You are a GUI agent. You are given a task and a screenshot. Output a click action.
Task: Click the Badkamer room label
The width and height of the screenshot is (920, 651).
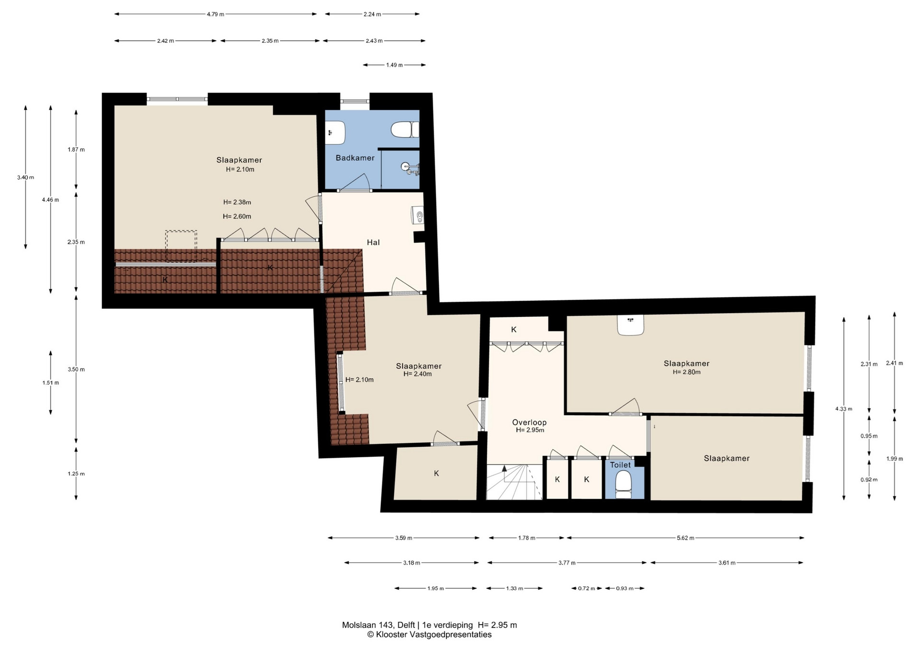click(355, 158)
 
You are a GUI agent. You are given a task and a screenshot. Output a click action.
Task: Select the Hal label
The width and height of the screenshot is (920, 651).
click(373, 243)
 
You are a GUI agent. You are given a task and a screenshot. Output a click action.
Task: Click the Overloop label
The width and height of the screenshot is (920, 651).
click(529, 422)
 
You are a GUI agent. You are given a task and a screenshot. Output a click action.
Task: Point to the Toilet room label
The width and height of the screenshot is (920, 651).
click(621, 465)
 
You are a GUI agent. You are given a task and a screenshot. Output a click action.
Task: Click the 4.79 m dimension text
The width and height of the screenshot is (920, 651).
click(216, 14)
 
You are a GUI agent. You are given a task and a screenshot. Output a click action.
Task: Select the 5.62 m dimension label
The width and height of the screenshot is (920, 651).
click(686, 538)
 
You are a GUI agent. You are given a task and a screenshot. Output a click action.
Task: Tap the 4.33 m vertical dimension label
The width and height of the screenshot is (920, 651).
click(844, 409)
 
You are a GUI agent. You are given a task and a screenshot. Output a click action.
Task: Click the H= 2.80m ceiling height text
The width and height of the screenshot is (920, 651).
click(687, 372)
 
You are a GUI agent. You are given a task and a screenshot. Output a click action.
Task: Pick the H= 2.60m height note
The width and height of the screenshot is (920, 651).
click(237, 216)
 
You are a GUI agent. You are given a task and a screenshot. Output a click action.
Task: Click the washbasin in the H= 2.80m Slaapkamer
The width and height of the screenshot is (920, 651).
click(631, 325)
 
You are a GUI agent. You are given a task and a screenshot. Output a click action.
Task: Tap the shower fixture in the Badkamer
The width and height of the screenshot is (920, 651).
click(410, 169)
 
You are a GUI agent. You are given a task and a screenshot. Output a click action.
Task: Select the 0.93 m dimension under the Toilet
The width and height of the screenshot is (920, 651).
click(625, 588)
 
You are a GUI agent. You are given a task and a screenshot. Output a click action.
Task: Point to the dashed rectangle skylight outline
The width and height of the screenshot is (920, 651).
click(181, 246)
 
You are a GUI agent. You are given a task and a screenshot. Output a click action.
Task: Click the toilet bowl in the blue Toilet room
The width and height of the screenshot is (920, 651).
click(623, 481)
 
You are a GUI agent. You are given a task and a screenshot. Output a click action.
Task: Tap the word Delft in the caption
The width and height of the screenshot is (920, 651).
click(406, 625)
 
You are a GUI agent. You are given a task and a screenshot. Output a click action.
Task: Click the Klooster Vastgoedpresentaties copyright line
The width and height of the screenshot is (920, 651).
click(429, 635)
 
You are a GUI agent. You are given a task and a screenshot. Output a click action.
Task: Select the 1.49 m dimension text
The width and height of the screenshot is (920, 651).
click(394, 65)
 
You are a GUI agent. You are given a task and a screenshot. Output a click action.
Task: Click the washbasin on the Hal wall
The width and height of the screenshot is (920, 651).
click(417, 215)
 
